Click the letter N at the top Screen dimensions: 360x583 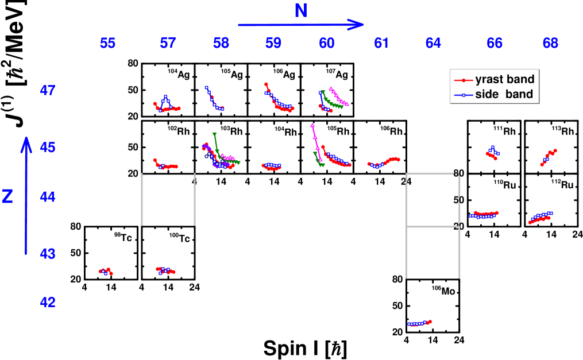coord(300,10)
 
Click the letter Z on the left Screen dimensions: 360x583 coord(7,196)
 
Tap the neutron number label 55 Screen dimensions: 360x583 coord(107,43)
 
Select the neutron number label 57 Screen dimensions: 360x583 coord(168,43)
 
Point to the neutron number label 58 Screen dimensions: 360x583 coord(221,43)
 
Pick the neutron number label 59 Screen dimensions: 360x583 coord(273,43)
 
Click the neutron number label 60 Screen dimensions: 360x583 coord(327,43)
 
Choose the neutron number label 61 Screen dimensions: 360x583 coord(381,43)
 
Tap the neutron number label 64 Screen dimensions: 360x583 coord(433,43)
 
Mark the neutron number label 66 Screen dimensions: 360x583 coord(495,43)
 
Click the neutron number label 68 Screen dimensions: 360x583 coord(550,43)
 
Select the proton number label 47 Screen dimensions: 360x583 coord(48,90)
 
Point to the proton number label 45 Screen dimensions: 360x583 coord(48,148)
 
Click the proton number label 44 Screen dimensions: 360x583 coord(48,197)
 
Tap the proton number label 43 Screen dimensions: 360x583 coord(48,253)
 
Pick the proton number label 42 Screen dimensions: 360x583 coord(48,302)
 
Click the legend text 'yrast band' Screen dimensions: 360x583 coord(505,80)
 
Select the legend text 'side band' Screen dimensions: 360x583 coord(504,94)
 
